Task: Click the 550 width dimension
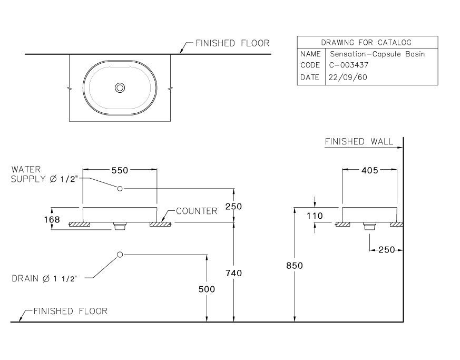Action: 120,170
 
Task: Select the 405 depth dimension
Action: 369,170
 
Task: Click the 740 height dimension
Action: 233,273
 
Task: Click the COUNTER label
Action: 197,211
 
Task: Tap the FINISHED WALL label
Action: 359,141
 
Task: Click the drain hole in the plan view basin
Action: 120,87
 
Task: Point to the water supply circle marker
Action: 120,188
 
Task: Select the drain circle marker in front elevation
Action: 120,255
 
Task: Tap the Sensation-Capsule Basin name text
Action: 377,54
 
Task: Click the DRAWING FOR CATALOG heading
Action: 367,42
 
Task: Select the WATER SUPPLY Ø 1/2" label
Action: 45,174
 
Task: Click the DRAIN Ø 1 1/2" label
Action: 45,278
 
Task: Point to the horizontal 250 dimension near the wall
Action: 387,250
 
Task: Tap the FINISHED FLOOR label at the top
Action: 232,43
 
